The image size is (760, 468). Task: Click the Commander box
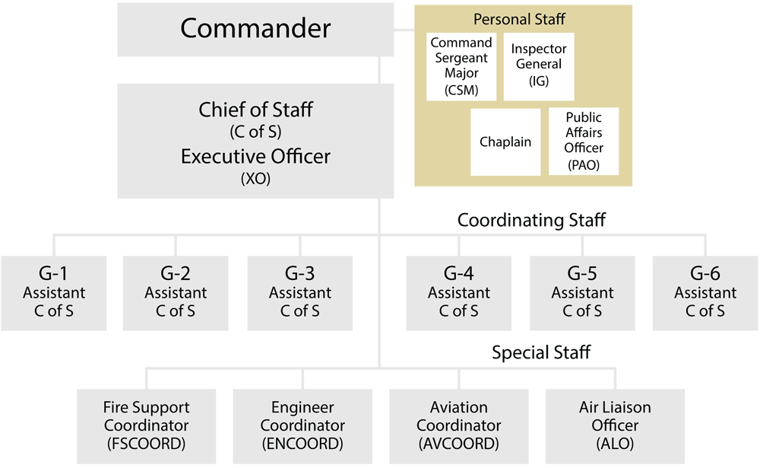click(x=255, y=29)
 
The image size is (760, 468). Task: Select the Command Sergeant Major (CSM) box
click(x=461, y=66)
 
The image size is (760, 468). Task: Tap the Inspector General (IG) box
click(x=538, y=65)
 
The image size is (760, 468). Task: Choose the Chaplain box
click(x=505, y=142)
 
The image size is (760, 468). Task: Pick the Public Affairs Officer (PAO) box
click(x=584, y=141)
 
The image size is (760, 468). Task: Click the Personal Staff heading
click(x=519, y=18)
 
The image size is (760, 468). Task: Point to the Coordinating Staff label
click(x=531, y=220)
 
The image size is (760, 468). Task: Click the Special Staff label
click(x=541, y=352)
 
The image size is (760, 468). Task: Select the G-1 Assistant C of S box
click(x=54, y=293)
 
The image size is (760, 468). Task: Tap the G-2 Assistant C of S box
click(x=176, y=293)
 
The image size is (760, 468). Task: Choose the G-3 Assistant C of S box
click(x=300, y=293)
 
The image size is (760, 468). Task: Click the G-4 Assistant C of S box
click(x=458, y=293)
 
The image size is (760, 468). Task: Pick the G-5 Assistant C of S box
click(x=582, y=293)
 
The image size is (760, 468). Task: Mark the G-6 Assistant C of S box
click(x=705, y=293)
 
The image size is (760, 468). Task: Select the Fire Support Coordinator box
click(x=146, y=425)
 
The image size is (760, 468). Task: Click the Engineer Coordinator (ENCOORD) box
click(x=302, y=425)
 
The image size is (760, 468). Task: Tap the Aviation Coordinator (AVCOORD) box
click(x=459, y=425)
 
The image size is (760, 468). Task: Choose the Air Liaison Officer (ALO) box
click(x=615, y=425)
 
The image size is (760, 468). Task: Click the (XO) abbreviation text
click(x=255, y=180)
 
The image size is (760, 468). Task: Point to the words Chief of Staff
click(x=255, y=110)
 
